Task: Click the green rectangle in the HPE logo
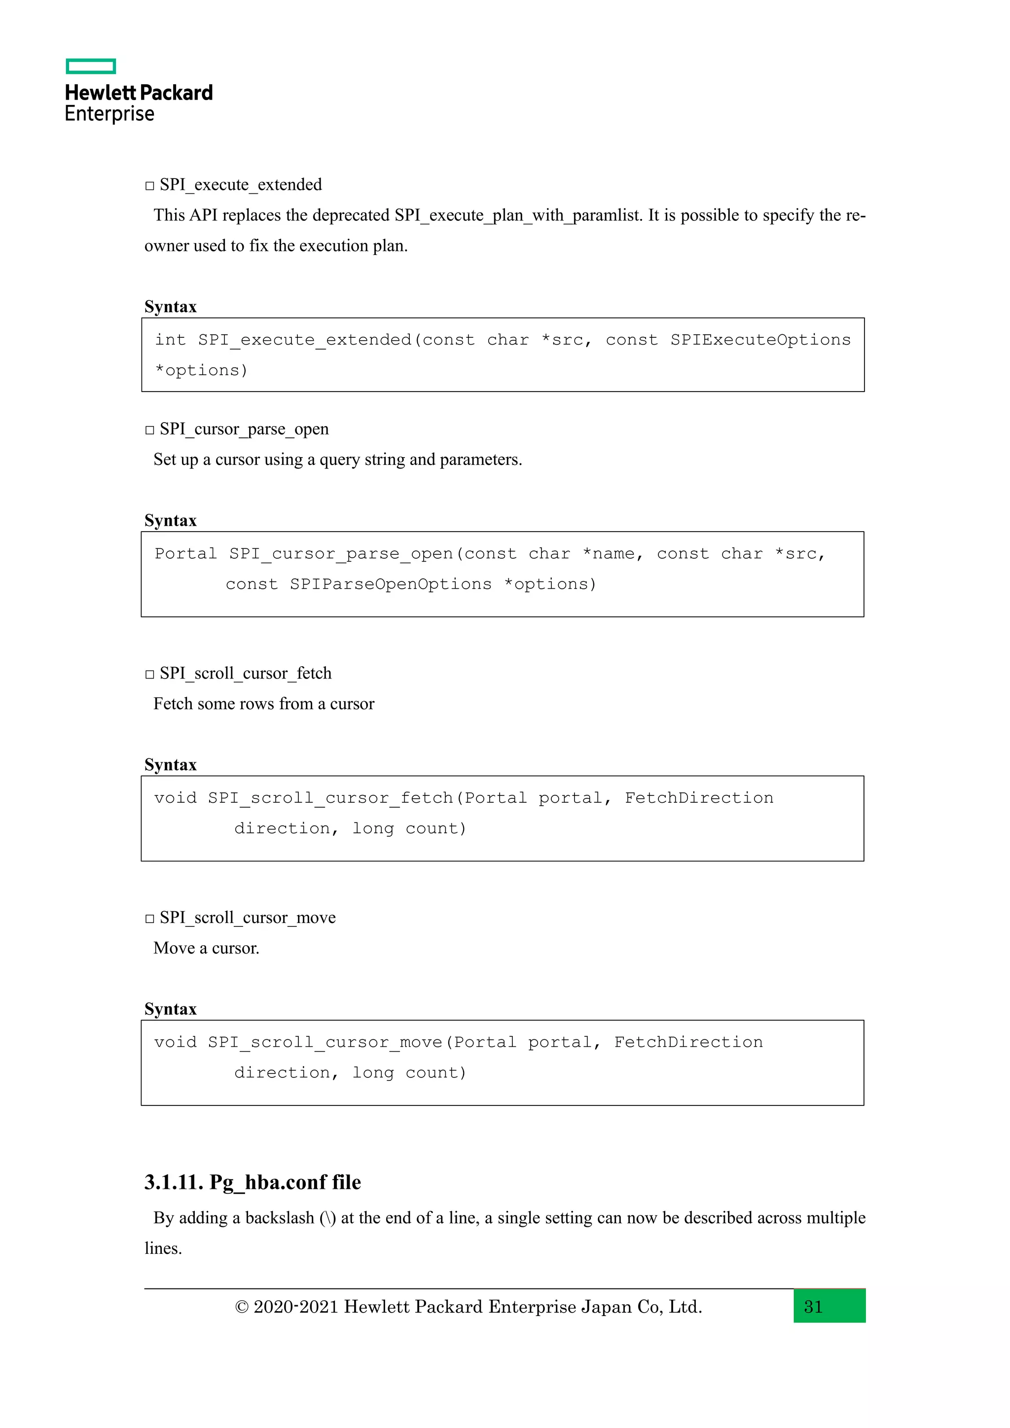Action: pyautogui.click(x=91, y=67)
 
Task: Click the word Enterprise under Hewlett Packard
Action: pyautogui.click(x=109, y=114)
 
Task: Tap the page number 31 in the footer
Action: pyautogui.click(x=813, y=1307)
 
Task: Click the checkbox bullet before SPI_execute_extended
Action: pyautogui.click(x=149, y=186)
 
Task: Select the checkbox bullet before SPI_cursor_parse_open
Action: pyautogui.click(x=149, y=430)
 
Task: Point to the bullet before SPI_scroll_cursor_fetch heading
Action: pyautogui.click(x=149, y=674)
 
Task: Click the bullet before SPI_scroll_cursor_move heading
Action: pyautogui.click(x=149, y=919)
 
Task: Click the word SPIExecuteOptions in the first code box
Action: pyautogui.click(x=760, y=340)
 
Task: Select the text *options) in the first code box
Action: pyautogui.click(x=201, y=371)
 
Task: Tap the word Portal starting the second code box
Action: pyautogui.click(x=185, y=554)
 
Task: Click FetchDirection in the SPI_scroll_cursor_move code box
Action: pyautogui.click(x=688, y=1042)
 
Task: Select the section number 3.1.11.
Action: pyautogui.click(x=174, y=1182)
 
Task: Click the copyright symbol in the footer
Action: pyautogui.click(x=242, y=1307)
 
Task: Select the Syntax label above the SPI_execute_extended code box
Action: pyautogui.click(x=171, y=307)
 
